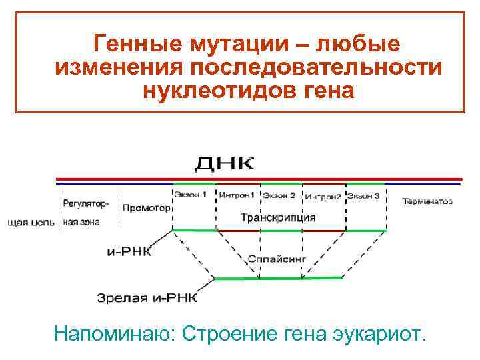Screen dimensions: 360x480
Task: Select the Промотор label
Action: pyautogui.click(x=146, y=207)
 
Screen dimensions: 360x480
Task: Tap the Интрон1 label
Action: pyautogui.click(x=237, y=196)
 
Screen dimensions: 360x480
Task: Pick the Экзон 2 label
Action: pyautogui.click(x=279, y=196)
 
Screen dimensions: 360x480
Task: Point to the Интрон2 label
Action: pyautogui.click(x=323, y=197)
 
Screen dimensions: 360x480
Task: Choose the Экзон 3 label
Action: pyautogui.click(x=364, y=196)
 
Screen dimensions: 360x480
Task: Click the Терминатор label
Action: pyautogui.click(x=427, y=201)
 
